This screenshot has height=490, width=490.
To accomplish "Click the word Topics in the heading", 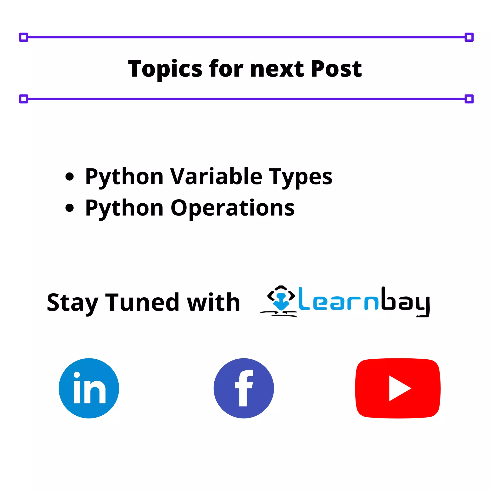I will click(165, 69).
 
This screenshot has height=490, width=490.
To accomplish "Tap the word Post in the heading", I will click(336, 69).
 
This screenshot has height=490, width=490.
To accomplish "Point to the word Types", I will click(300, 177).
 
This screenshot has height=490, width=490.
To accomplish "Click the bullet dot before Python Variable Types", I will click(69, 177).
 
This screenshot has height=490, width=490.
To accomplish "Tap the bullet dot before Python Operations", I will click(69, 208).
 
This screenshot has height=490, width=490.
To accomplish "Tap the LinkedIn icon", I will click(89, 388).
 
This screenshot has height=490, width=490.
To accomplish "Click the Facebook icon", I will click(244, 388).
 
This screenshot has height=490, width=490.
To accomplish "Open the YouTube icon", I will click(398, 388).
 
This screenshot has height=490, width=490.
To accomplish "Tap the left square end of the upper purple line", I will click(24, 37).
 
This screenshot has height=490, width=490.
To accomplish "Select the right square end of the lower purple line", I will click(469, 99).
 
